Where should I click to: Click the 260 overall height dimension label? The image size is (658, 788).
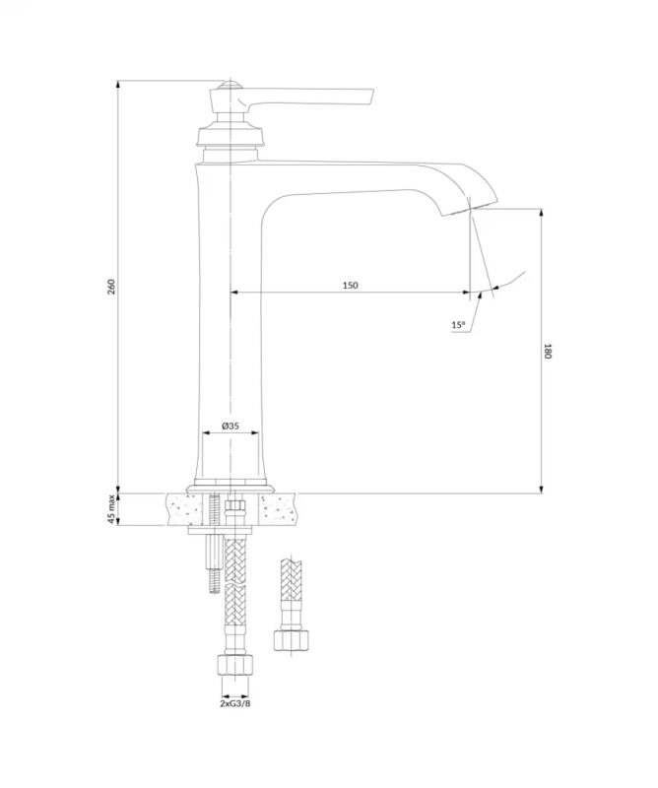112,287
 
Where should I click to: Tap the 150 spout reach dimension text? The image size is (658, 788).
351,286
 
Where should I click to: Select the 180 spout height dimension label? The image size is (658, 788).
548,351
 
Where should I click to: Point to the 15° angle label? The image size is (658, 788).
458,325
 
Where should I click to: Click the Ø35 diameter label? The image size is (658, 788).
230,426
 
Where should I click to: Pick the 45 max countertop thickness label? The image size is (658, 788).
111,509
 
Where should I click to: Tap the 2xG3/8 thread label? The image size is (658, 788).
234,703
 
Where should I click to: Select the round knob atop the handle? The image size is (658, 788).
230,85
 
